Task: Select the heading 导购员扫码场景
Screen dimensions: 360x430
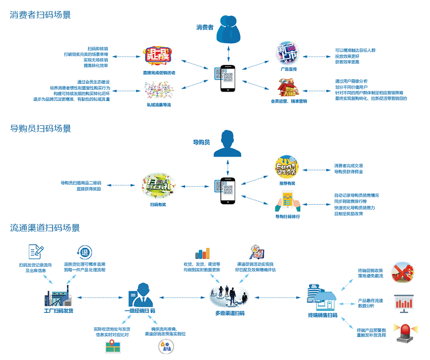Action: tap(40, 129)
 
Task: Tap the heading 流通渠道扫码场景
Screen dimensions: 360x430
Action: tap(45, 228)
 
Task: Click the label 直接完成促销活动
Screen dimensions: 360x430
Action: tap(158, 73)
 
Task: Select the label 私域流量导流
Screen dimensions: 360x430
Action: tap(158, 104)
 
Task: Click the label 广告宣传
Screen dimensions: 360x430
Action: tap(289, 69)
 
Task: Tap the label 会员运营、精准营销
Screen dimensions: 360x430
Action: tap(289, 101)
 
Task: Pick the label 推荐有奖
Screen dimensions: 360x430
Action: tap(287, 182)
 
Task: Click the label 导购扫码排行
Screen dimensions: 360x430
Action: tap(288, 216)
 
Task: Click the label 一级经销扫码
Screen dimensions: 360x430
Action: tap(140, 312)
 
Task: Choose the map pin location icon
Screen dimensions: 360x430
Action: tap(114, 346)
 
